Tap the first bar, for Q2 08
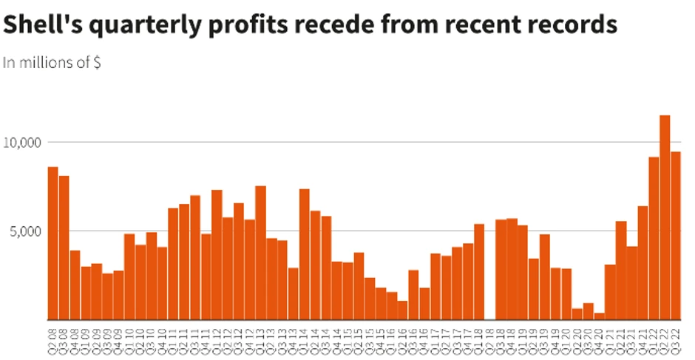pyautogui.click(x=52, y=243)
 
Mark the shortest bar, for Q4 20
pyautogui.click(x=599, y=316)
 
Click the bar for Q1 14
pyautogui.click(x=304, y=254)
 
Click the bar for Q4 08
pyautogui.click(x=75, y=285)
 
